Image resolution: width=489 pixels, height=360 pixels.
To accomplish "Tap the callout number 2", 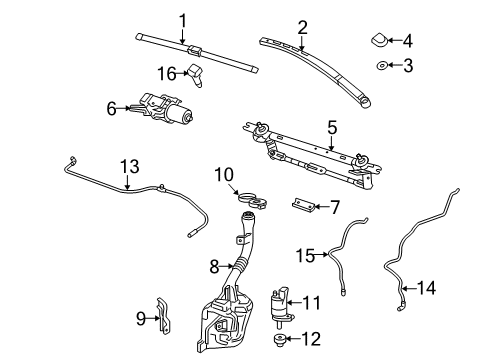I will point(301,27).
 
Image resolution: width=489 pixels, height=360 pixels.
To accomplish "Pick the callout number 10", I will point(224,175).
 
